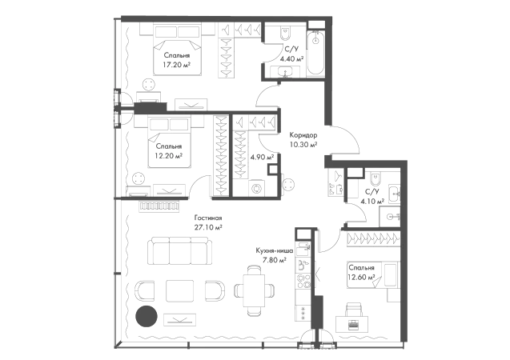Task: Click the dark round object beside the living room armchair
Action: point(146,315)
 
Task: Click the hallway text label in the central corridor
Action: point(303,138)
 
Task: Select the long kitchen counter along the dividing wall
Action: point(303,276)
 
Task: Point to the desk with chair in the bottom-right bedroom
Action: point(353,319)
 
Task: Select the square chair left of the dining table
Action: point(215,292)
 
